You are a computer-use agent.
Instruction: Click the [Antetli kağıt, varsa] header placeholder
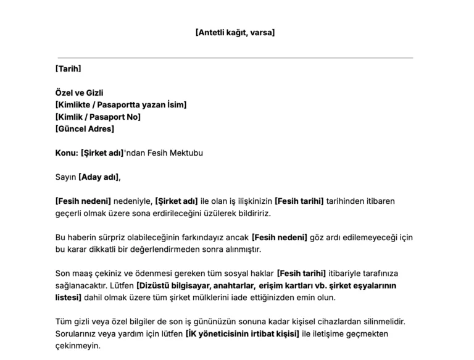(235, 32)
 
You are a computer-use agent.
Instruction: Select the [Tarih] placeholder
(68, 69)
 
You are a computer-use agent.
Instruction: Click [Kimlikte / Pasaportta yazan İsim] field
(121, 105)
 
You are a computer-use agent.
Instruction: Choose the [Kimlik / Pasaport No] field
(98, 117)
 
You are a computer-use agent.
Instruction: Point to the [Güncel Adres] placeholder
(85, 129)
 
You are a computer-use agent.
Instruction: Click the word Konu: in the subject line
(67, 153)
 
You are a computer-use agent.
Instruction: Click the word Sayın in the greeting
(65, 177)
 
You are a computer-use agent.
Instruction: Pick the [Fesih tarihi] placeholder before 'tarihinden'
(299, 201)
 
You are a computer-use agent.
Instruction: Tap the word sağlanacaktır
(80, 285)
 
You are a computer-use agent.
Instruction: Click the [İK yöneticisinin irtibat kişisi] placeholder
(242, 334)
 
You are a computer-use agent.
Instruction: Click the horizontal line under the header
(235, 58)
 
